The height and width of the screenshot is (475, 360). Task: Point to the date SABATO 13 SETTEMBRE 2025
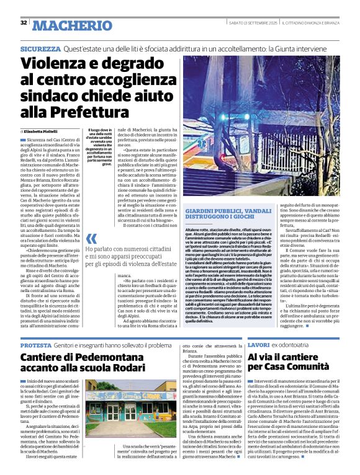click(x=253, y=23)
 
